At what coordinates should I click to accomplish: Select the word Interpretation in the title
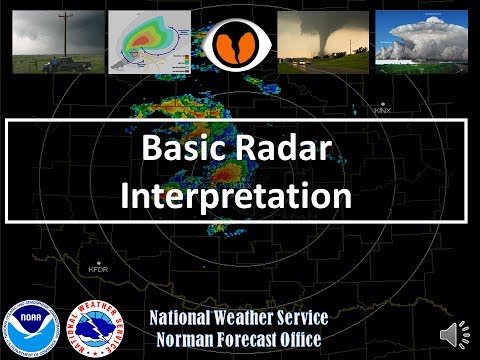[236, 192]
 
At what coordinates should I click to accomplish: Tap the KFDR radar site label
[97, 269]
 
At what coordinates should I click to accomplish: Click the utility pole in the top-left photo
[61, 38]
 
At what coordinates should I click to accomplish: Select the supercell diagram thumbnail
[152, 42]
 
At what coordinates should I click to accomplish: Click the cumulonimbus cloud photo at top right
[421, 40]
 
